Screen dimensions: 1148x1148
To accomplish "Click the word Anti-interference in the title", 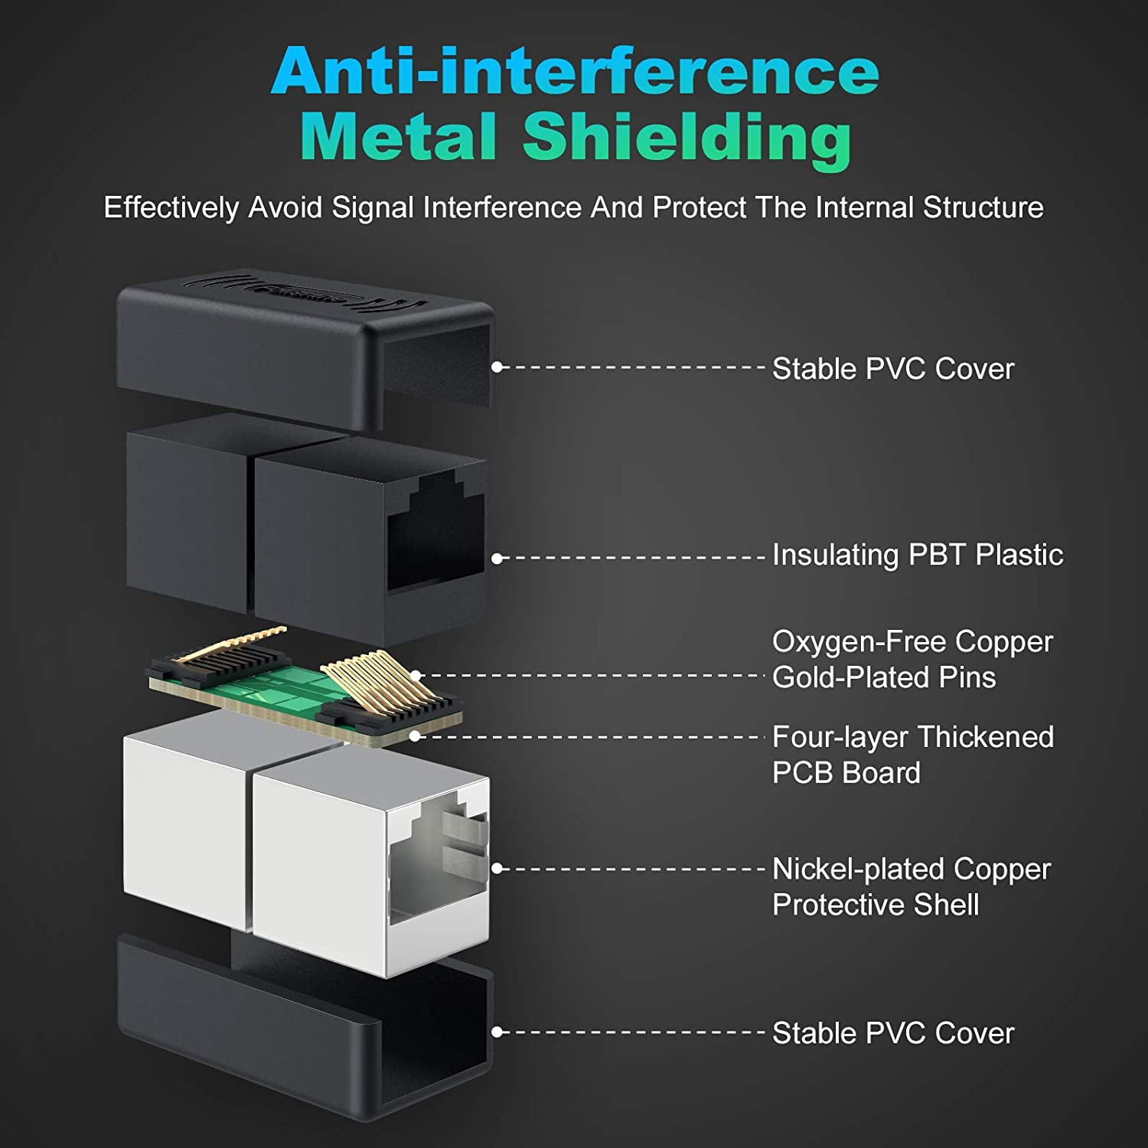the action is (575, 70).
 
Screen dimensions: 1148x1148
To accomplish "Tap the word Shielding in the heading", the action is (687, 138).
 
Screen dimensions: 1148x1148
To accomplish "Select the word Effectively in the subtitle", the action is (171, 208).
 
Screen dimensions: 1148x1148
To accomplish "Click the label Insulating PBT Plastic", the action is (918, 555).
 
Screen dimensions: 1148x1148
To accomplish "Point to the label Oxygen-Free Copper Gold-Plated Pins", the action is (912, 659).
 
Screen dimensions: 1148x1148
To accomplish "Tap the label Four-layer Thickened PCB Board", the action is (913, 755).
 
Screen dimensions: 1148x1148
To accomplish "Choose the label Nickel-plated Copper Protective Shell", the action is (912, 887).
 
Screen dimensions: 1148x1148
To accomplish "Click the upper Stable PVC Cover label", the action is (893, 369).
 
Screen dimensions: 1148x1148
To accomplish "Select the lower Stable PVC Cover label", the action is (893, 1033).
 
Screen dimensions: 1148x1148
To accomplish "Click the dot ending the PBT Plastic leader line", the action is (497, 559).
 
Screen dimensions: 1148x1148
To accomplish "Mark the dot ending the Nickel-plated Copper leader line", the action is (497, 869).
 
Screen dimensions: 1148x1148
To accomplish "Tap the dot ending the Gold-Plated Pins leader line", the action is (416, 676).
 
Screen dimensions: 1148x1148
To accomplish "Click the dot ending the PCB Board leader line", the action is (416, 736).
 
